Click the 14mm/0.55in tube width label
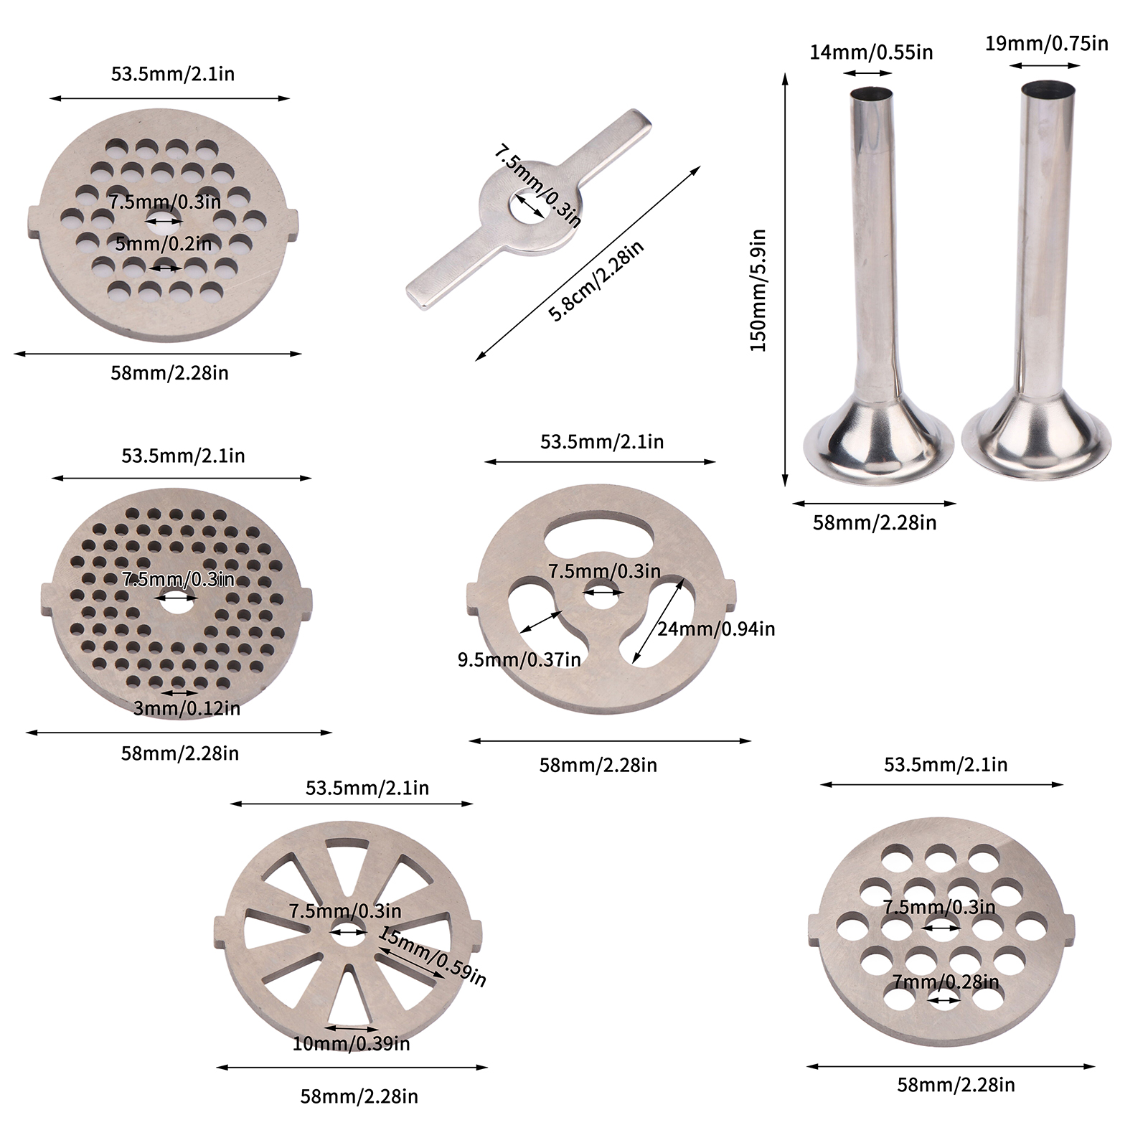(x=871, y=52)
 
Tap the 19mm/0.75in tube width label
(x=1046, y=44)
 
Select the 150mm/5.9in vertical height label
(x=758, y=290)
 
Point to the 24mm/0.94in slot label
(x=716, y=629)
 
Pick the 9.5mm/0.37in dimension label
(x=519, y=659)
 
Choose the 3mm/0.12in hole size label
(x=187, y=709)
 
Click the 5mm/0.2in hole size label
(x=164, y=244)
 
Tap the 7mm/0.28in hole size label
(x=946, y=982)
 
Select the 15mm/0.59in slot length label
(x=433, y=956)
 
